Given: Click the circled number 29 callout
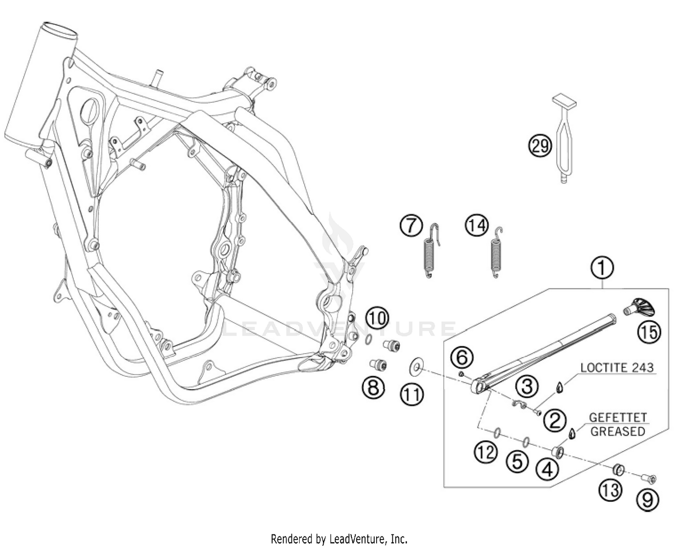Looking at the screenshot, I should click(540, 146).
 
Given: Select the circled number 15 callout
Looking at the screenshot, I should click(649, 333).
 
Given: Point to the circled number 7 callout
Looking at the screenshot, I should click(411, 226).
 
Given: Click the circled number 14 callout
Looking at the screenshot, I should click(477, 226).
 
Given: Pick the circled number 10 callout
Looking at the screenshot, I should click(377, 318).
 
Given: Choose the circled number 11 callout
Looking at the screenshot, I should click(412, 395).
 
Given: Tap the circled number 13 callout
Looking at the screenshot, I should click(611, 490).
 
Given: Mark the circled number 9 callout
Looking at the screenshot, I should click(648, 500).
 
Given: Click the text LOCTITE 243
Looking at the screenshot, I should click(617, 367).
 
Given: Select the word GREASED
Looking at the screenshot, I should click(618, 431).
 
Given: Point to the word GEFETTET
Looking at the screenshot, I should click(618, 418).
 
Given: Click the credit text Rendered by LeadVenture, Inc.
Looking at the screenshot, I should click(339, 539).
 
